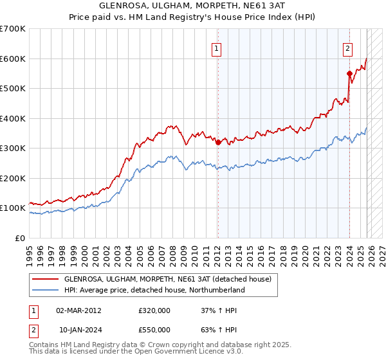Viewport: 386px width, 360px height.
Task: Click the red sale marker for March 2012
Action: pyautogui.click(x=217, y=143)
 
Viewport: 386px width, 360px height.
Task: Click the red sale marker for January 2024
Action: pyautogui.click(x=349, y=73)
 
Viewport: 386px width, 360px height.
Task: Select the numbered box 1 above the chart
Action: pyautogui.click(x=217, y=47)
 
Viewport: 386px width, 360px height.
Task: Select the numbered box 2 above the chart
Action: pyautogui.click(x=348, y=47)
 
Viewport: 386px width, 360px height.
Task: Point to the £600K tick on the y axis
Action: pyautogui.click(x=13, y=59)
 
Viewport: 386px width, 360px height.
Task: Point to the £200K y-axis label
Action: pyautogui.click(x=13, y=178)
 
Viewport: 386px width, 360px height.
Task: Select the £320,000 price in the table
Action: pyautogui.click(x=154, y=310)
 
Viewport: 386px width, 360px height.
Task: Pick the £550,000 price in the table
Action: pyautogui.click(x=154, y=330)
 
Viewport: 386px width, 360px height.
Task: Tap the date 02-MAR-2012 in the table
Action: pyautogui.click(x=78, y=310)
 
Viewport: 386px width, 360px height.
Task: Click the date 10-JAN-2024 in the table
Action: pyautogui.click(x=78, y=330)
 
